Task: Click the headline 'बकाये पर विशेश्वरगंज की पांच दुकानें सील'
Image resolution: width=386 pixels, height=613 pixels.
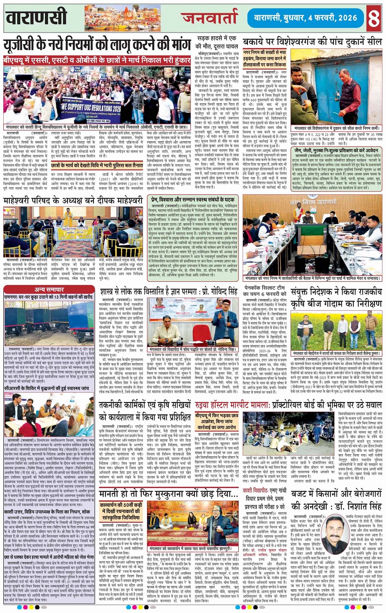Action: (312, 42)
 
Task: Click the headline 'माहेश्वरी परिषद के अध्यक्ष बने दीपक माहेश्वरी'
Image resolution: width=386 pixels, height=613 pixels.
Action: (73, 201)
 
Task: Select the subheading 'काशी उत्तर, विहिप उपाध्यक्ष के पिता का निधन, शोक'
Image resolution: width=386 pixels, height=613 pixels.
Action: (47, 511)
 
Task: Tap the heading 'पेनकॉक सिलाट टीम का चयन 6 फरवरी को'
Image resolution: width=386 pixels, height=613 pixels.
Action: (264, 291)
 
